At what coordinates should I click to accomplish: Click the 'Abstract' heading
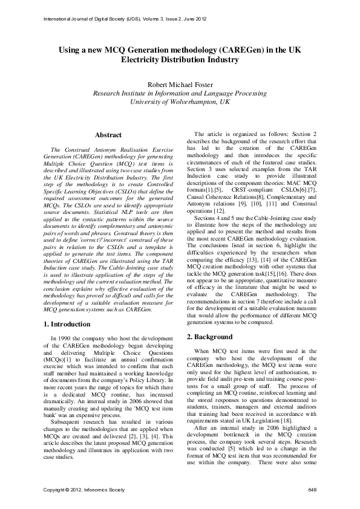pos(110,135)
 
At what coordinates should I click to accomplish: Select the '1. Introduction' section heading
pos(70,325)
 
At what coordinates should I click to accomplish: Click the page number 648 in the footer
pos(312,488)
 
